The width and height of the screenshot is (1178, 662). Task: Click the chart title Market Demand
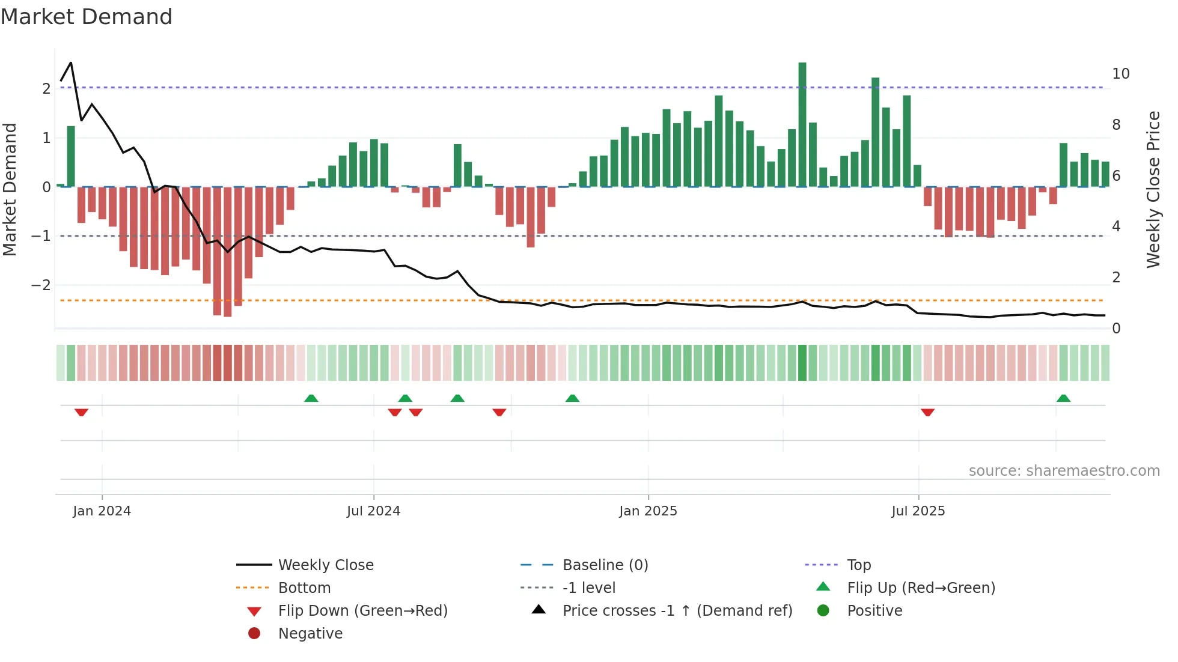87,17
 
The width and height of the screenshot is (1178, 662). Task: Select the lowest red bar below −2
227,252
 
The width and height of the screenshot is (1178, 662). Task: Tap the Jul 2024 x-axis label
373,511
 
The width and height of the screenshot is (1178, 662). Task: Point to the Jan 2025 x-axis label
648,511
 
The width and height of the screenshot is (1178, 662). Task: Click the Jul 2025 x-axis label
918,511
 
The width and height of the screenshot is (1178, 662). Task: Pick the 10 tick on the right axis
1120,74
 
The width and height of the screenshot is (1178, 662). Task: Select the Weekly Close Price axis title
1153,189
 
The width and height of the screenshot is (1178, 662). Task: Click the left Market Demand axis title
10,189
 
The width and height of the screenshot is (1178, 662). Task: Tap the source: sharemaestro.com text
1064,470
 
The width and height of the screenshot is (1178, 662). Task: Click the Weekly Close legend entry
325,565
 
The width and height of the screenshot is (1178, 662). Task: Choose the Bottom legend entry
304,588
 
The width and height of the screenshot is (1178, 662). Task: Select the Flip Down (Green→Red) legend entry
362,610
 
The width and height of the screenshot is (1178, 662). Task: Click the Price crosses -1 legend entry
677,610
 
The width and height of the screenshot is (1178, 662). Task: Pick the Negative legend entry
310,633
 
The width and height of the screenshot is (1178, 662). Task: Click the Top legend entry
858,565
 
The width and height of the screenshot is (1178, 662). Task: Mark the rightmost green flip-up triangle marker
1063,398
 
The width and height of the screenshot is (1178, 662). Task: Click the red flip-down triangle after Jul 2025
927,412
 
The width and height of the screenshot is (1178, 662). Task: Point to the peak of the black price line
71,62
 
